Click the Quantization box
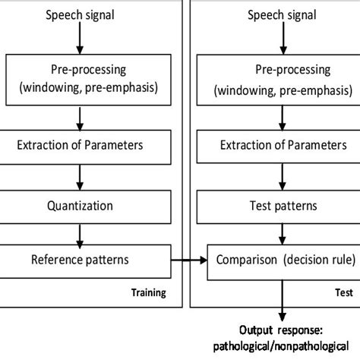pos(81,204)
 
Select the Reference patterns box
pos(81,260)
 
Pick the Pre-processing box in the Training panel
pos(81,78)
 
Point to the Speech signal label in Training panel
pos(81,15)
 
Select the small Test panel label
pos(345,292)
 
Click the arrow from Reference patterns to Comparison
pos(182,260)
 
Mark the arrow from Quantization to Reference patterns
pos(81,232)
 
